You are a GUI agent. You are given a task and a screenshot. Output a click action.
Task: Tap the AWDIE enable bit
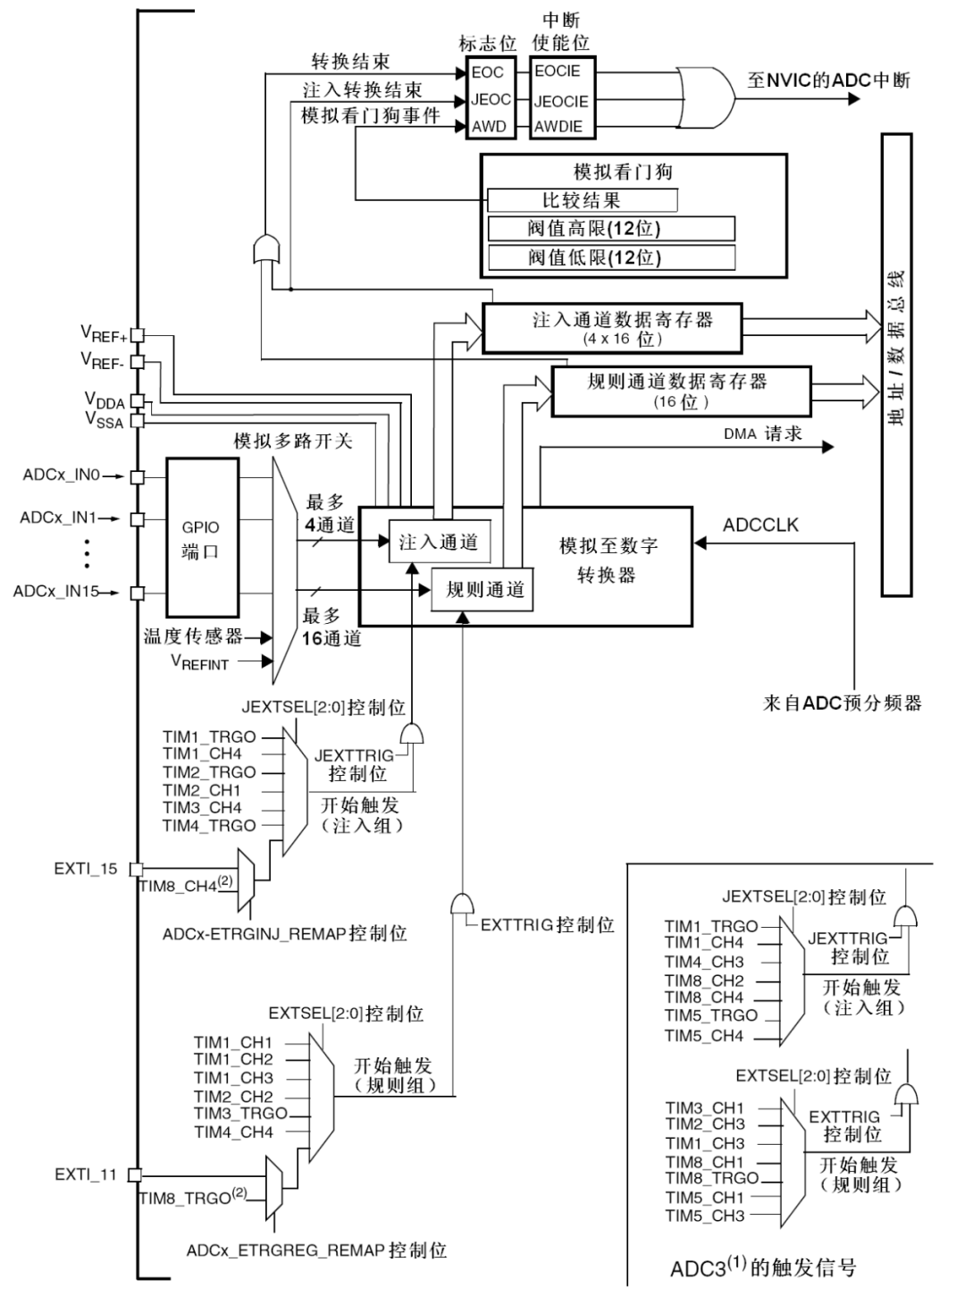[x=558, y=127]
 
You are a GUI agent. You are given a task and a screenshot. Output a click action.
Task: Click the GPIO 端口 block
[x=202, y=538]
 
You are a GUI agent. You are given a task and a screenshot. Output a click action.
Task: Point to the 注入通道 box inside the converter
[x=438, y=543]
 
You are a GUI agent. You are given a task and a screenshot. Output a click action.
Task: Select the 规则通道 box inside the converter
[x=483, y=590]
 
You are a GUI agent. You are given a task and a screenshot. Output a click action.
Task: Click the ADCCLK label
[x=760, y=526]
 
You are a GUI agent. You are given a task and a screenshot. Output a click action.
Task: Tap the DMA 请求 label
[x=763, y=434]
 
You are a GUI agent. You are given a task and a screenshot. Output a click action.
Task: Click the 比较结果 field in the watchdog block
[x=582, y=200]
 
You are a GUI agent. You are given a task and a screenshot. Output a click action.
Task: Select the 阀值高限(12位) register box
[x=611, y=229]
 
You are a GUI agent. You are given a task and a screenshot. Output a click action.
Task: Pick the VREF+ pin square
[x=138, y=335]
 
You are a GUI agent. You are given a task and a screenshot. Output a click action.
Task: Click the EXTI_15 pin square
[x=137, y=869]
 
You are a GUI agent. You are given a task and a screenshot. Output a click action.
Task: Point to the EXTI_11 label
[x=86, y=1174]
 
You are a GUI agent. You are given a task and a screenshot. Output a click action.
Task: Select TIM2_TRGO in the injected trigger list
[x=209, y=772]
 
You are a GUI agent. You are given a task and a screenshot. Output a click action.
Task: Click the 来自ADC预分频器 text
[x=842, y=703]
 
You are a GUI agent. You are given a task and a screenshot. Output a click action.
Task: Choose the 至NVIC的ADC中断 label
[x=828, y=80]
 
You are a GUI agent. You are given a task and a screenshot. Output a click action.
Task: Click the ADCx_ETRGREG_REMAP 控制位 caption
[x=316, y=1250]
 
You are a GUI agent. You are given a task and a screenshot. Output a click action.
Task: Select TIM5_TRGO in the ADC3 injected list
[x=710, y=1015]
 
